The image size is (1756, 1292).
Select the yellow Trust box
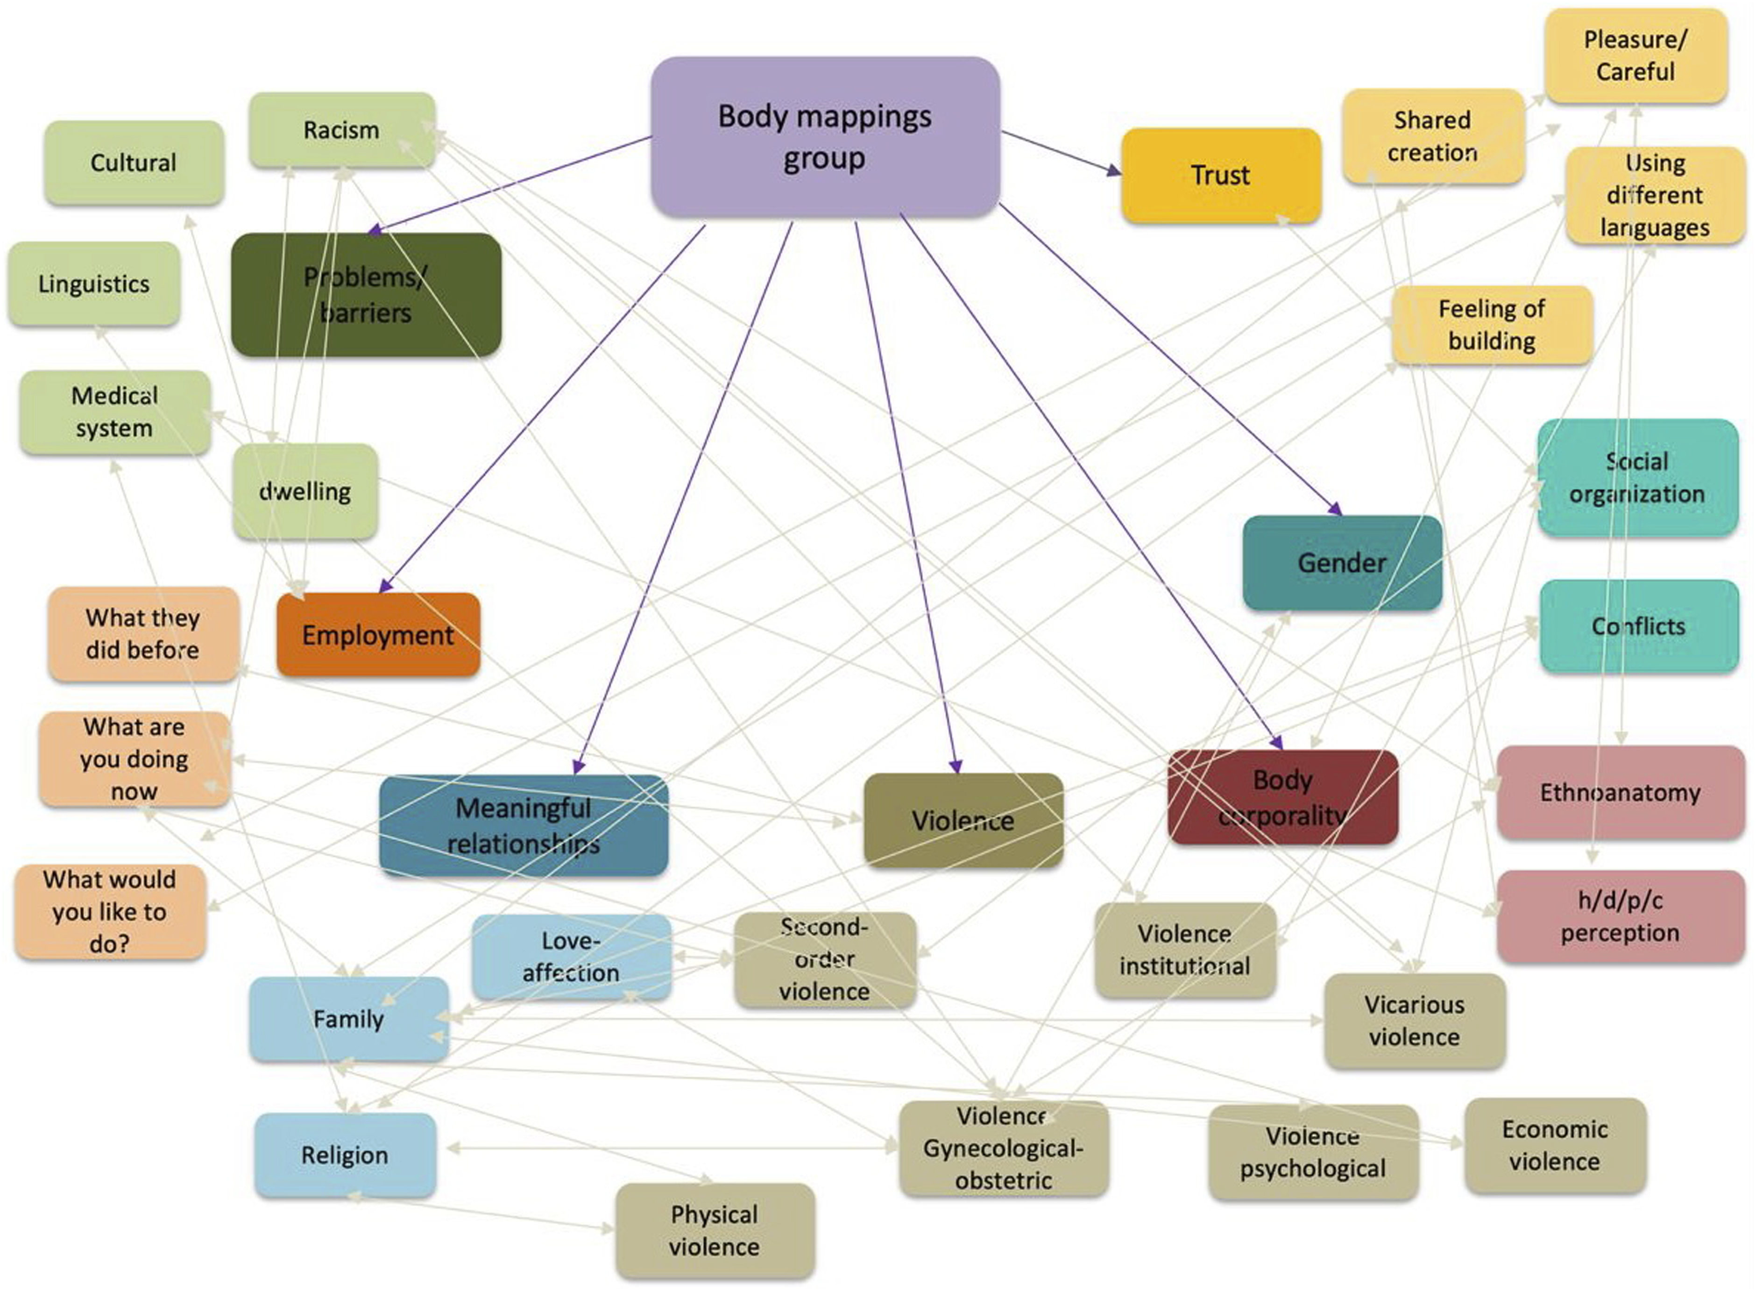(1220, 175)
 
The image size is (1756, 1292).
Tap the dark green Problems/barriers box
(366, 294)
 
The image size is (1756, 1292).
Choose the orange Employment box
(378, 634)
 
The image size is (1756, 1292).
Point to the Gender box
(1342, 562)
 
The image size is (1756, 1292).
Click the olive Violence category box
(963, 820)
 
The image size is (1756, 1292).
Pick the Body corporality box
(1283, 797)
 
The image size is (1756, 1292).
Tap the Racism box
(342, 130)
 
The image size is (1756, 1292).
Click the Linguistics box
(94, 283)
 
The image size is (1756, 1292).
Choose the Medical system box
(115, 412)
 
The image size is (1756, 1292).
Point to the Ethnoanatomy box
(1621, 792)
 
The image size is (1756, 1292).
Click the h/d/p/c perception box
(1621, 916)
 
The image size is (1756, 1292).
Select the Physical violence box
(715, 1230)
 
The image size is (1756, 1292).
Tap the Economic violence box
(1555, 1145)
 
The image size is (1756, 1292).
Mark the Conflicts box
(1639, 625)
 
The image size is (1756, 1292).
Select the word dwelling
(305, 491)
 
